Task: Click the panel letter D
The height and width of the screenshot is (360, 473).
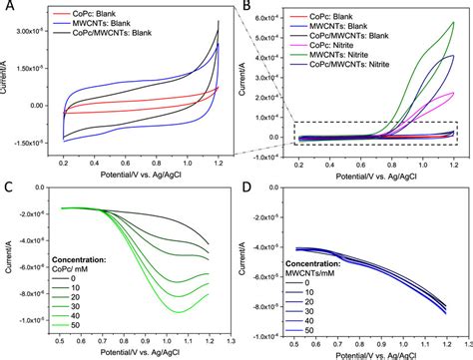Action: pyautogui.click(x=248, y=187)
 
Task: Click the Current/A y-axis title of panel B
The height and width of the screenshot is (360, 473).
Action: pyautogui.click(x=244, y=80)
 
